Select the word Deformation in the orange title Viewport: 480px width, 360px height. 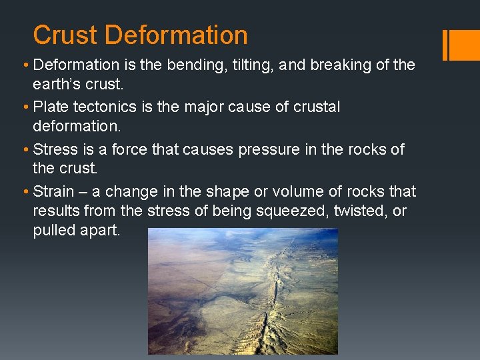point(176,35)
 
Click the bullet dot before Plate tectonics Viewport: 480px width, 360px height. point(25,107)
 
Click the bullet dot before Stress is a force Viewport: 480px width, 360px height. point(25,149)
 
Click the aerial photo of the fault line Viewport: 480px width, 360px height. point(243,291)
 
